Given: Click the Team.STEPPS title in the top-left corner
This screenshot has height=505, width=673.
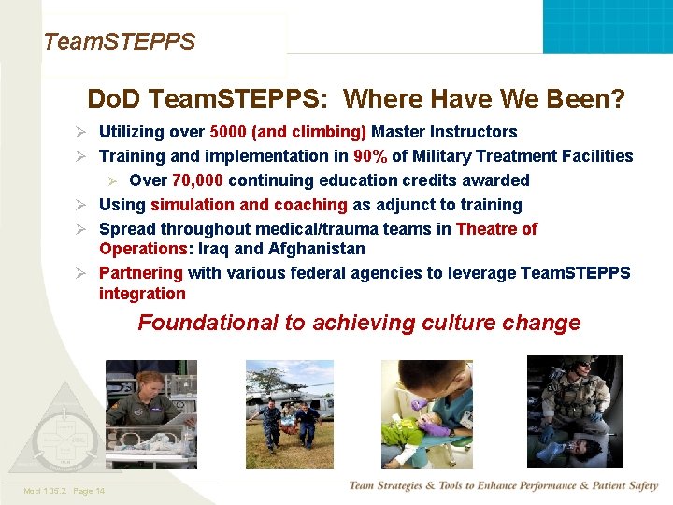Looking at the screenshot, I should pyautogui.click(x=120, y=42).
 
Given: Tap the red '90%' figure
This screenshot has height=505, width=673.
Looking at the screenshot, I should pyautogui.click(x=370, y=156).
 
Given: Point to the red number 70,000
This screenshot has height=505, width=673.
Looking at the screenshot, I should pyautogui.click(x=197, y=180).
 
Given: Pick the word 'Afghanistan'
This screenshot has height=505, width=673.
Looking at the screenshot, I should pyautogui.click(x=319, y=249).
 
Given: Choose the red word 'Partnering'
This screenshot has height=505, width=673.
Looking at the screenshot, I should pyautogui.click(x=141, y=273).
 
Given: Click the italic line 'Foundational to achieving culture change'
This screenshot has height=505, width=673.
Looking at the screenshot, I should pyautogui.click(x=359, y=323).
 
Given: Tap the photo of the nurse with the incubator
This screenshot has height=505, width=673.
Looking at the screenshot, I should pyautogui.click(x=150, y=412).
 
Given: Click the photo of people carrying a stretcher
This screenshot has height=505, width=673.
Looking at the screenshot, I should pyautogui.click(x=289, y=412).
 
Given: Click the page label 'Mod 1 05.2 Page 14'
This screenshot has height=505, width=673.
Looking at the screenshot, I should pyautogui.click(x=65, y=491).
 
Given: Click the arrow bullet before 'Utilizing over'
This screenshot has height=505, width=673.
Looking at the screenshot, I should pyautogui.click(x=81, y=132).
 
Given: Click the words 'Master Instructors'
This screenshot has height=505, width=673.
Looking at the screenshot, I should pyautogui.click(x=444, y=132).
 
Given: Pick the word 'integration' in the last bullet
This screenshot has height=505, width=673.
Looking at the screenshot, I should pyautogui.click(x=142, y=294).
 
